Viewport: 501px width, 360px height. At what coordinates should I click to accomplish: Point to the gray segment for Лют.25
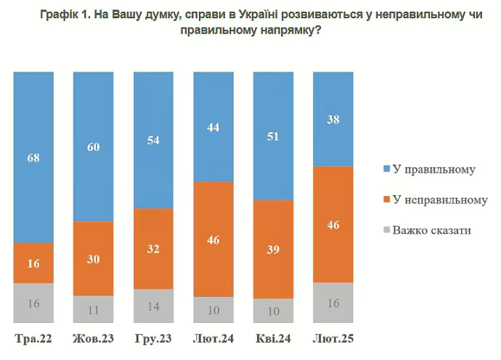333,302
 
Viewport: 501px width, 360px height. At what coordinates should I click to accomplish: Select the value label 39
274,250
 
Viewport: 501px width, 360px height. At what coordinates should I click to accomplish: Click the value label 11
94,309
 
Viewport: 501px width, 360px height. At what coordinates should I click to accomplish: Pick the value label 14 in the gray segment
154,306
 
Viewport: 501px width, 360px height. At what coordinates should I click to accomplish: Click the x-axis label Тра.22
33,338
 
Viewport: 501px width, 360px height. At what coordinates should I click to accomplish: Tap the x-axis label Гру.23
154,338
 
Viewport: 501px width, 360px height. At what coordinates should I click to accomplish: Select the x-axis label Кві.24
274,338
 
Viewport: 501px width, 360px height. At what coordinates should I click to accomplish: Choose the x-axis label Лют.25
333,338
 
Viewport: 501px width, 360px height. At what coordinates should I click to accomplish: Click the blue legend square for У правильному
386,169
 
